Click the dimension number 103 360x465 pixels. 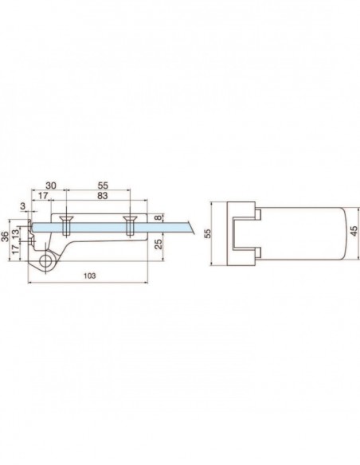pos(89,275)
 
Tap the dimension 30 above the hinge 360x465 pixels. pos(50,186)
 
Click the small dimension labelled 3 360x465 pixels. pos(24,206)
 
